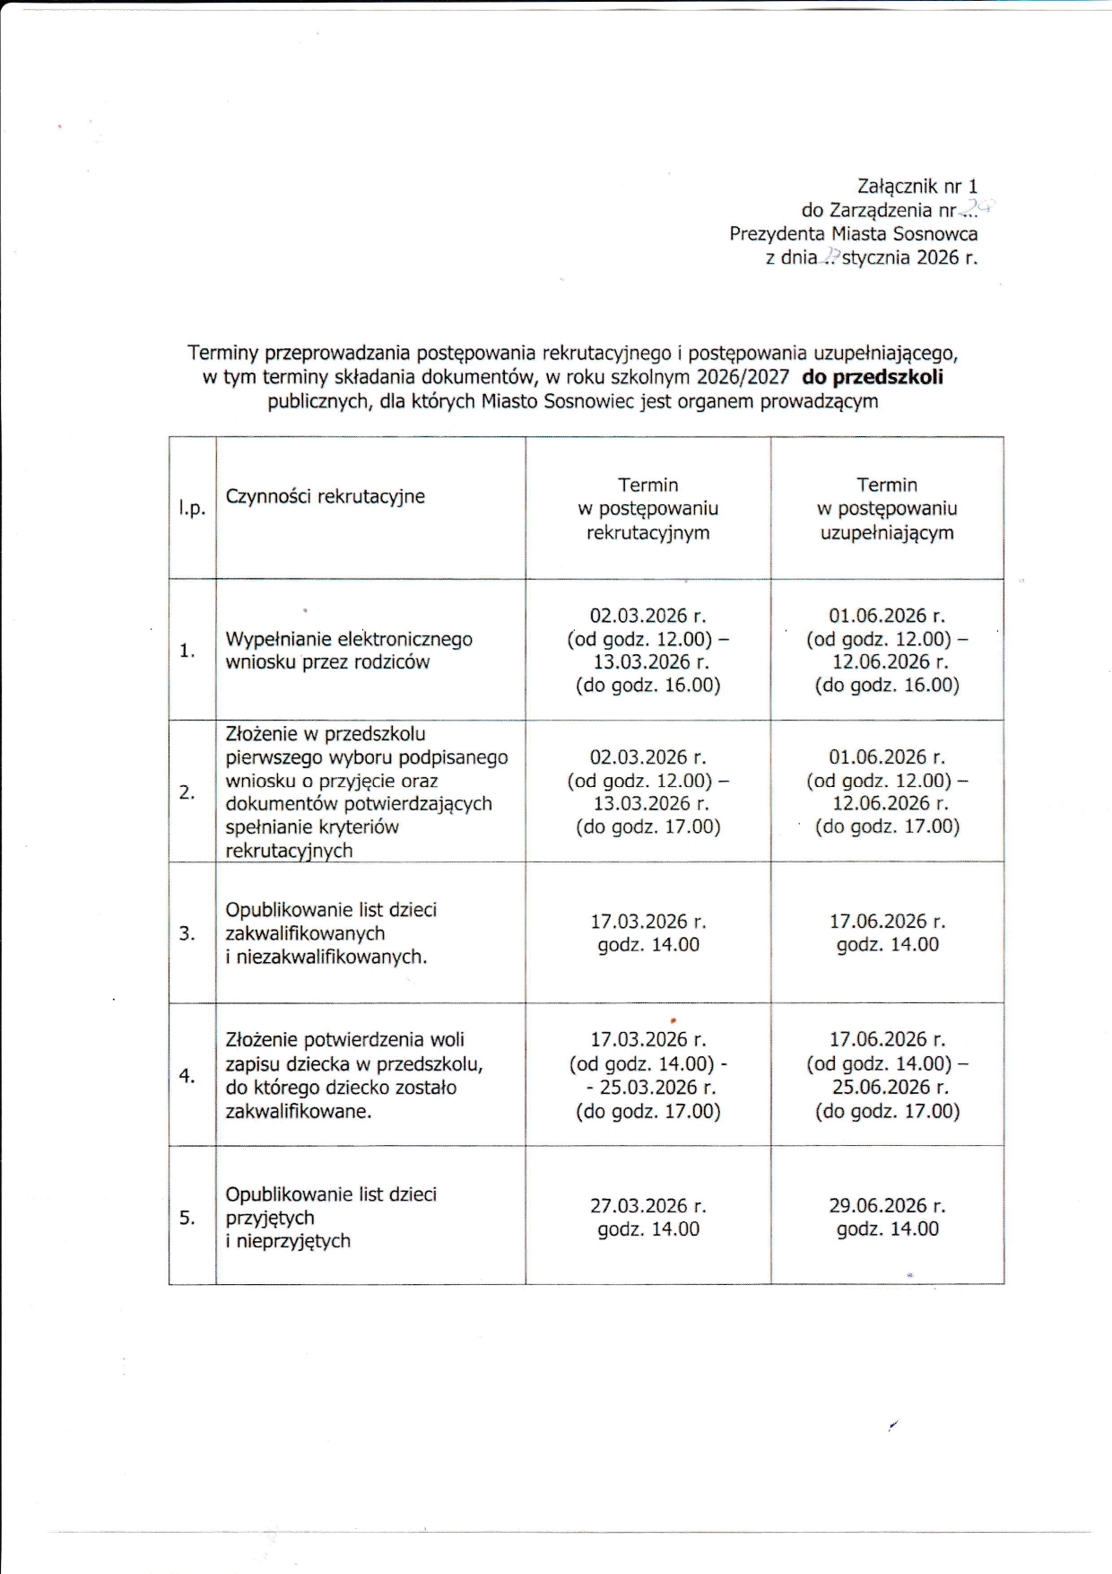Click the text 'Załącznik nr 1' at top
(x=917, y=187)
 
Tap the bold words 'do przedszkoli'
(x=872, y=378)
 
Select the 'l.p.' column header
(x=192, y=508)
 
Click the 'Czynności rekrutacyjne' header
(x=325, y=496)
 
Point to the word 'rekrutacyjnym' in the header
(x=647, y=533)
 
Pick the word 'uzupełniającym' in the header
(x=887, y=533)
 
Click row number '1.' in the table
(x=187, y=651)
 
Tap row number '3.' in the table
(x=187, y=933)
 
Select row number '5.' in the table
(x=187, y=1218)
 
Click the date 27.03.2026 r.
(x=647, y=1206)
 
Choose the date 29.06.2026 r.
(x=887, y=1206)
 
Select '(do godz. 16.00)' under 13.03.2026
(x=647, y=686)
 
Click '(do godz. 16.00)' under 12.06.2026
(x=887, y=686)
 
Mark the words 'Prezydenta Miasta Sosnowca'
(x=853, y=234)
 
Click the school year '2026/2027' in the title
(x=743, y=378)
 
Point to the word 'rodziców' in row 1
(x=392, y=663)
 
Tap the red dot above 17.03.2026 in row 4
(x=673, y=1020)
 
